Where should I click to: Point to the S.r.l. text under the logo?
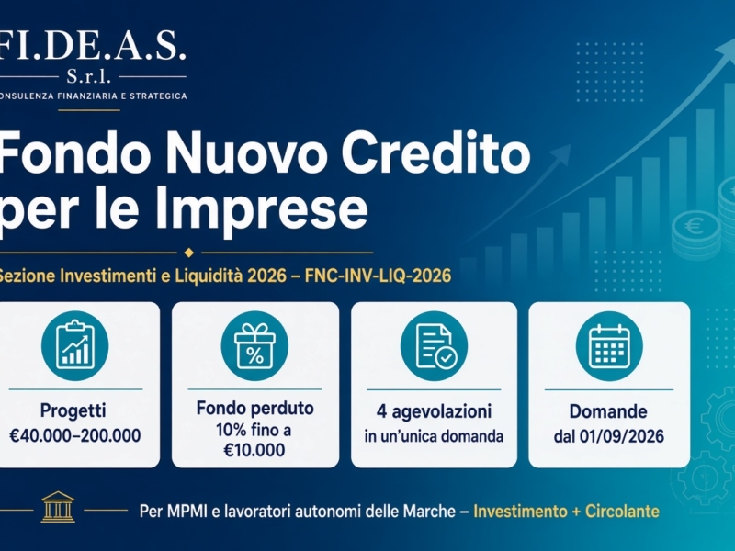click(x=88, y=76)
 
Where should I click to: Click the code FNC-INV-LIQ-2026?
click(x=378, y=275)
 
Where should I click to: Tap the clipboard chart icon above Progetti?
click(x=75, y=346)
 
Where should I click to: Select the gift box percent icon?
click(x=254, y=346)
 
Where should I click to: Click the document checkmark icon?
click(x=434, y=346)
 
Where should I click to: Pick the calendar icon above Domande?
click(x=609, y=346)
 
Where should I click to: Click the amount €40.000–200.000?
click(x=75, y=435)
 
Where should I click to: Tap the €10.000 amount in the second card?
click(x=254, y=450)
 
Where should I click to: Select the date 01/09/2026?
click(x=622, y=436)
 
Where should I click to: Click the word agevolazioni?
click(x=442, y=411)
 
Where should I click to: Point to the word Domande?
click(x=608, y=411)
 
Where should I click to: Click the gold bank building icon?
click(x=58, y=507)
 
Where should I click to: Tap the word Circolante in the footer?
click(x=622, y=511)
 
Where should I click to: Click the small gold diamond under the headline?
click(x=189, y=253)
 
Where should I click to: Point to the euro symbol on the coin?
click(x=694, y=226)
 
